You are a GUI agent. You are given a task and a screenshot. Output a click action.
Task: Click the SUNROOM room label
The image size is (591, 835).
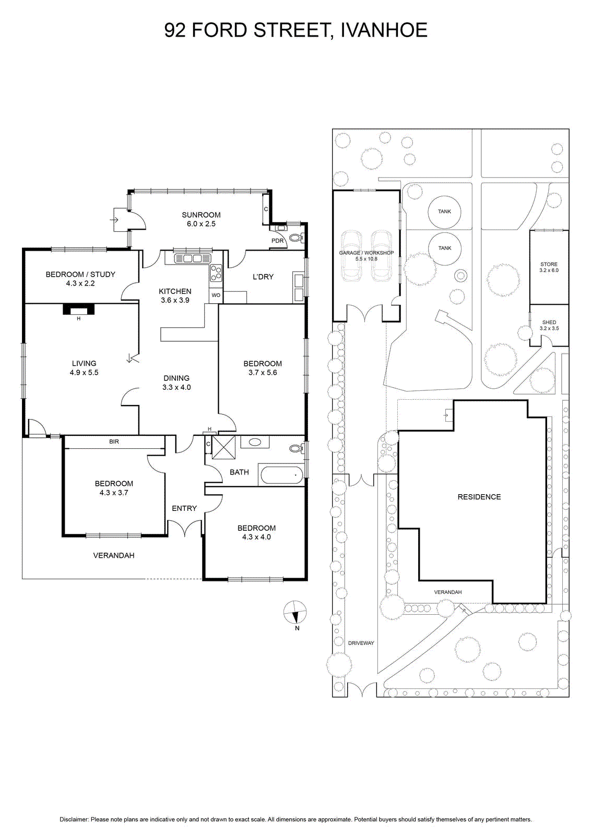pyautogui.click(x=201, y=214)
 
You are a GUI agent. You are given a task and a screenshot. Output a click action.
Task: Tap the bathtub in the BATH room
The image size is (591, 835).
pyautogui.click(x=282, y=475)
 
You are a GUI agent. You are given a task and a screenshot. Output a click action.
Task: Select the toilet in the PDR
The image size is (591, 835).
pyautogui.click(x=297, y=236)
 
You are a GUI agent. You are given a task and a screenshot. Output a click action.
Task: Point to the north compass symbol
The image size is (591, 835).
pyautogui.click(x=295, y=613)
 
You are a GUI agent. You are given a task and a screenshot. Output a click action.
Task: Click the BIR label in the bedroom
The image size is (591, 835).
pyautogui.click(x=114, y=442)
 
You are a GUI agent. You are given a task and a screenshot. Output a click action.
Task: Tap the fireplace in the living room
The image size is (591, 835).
pyautogui.click(x=79, y=309)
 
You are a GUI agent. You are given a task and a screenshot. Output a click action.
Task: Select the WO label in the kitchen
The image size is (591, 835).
pyautogui.click(x=216, y=295)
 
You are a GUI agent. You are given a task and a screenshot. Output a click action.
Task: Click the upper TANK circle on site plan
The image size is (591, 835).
pyautogui.click(x=444, y=212)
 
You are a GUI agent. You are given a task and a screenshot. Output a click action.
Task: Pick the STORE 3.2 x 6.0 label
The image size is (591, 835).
pyautogui.click(x=549, y=267)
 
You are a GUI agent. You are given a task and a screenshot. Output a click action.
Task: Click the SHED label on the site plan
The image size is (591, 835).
pyautogui.click(x=549, y=323)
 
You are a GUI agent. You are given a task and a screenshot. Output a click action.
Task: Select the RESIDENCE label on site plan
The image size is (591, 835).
pyautogui.click(x=479, y=497)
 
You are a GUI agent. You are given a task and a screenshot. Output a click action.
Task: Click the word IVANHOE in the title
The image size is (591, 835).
pyautogui.click(x=384, y=30)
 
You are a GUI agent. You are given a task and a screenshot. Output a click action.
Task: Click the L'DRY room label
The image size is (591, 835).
pyautogui.click(x=263, y=277)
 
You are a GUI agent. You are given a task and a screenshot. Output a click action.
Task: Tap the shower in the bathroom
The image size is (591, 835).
pyautogui.click(x=223, y=447)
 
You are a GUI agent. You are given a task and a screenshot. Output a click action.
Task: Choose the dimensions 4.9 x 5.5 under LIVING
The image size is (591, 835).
pyautogui.click(x=84, y=373)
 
